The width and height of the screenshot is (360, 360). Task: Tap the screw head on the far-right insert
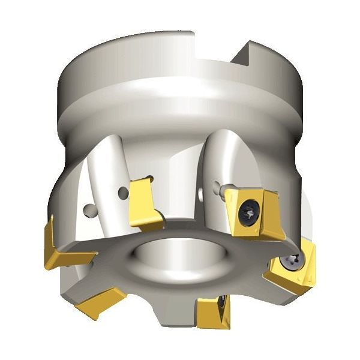point(291,260)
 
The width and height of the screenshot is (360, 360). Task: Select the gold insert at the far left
point(57,246)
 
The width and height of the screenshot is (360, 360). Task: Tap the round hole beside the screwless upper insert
point(123,193)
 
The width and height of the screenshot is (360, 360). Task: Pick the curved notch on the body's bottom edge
point(165,312)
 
